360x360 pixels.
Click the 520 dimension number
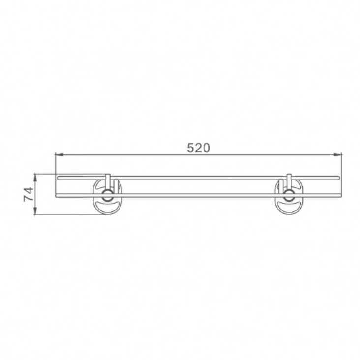[198, 148]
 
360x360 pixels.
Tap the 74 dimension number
[29, 194]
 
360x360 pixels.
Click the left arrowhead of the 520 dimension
[59, 155]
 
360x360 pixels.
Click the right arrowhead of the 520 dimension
[338, 155]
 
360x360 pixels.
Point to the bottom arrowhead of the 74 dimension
[35, 211]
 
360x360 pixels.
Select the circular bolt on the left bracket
[107, 195]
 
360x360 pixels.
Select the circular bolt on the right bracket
[289, 195]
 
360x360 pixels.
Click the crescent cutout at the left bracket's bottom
[107, 206]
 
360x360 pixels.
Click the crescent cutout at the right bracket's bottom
[289, 206]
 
